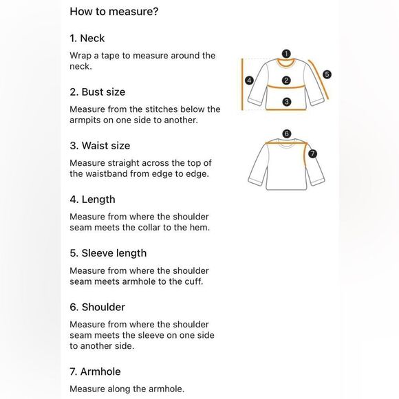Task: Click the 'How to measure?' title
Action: click(114, 12)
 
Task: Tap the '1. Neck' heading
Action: click(87, 39)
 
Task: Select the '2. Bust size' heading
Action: click(98, 92)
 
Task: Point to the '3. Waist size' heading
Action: click(100, 146)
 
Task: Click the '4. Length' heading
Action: click(92, 199)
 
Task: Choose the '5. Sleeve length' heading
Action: click(108, 253)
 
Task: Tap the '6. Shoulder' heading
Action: click(97, 307)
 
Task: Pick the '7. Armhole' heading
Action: click(95, 371)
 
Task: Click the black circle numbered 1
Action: click(286, 54)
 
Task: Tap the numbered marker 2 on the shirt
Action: click(286, 80)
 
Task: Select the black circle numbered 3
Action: click(287, 102)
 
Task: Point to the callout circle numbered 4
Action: click(249, 80)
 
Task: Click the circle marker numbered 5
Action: click(327, 74)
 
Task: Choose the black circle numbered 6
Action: click(287, 133)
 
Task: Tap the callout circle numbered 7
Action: click(312, 153)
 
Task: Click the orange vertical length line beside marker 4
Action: click(242, 85)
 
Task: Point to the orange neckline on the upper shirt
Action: click(286, 66)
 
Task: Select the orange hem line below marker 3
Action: click(286, 109)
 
